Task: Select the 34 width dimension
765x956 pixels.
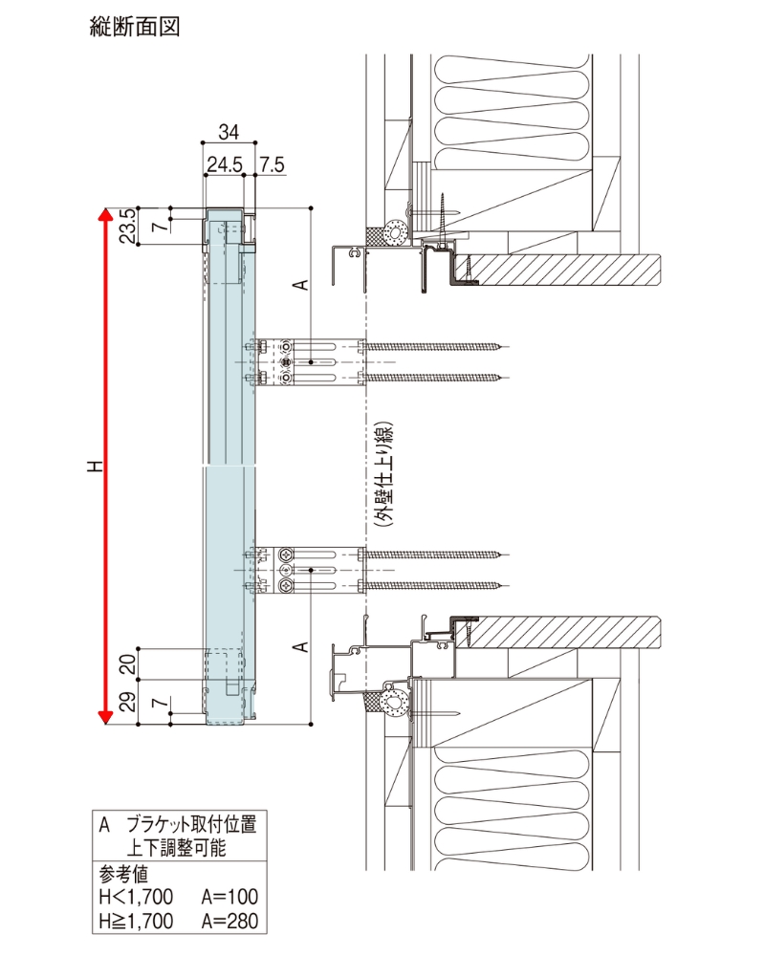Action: pos(229,131)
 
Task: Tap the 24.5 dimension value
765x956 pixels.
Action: pos(224,163)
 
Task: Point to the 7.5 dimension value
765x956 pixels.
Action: pos(272,163)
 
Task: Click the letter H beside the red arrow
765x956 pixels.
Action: pos(93,467)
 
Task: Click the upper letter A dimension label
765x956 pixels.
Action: pos(299,284)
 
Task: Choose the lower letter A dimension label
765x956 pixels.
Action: pos(299,647)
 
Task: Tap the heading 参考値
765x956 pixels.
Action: pos(123,873)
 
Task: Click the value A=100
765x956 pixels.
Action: pos(229,897)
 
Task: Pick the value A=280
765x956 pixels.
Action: pos(229,922)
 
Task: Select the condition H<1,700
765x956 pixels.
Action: pos(137,897)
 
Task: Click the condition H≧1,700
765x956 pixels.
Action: pos(137,922)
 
